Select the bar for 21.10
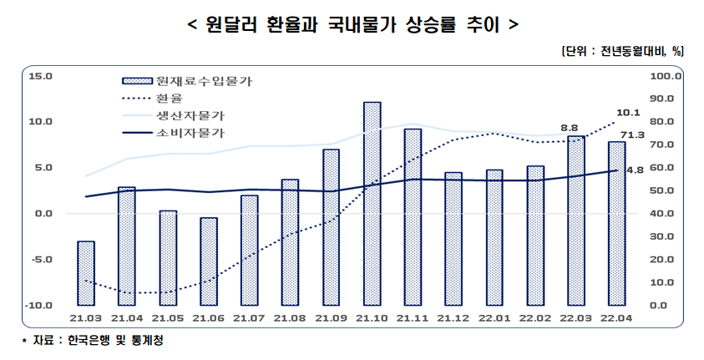(372, 203)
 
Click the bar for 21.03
(86, 272)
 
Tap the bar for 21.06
(209, 261)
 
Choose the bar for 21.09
(332, 226)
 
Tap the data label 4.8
(635, 170)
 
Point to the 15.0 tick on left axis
(40, 76)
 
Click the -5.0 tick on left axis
(40, 259)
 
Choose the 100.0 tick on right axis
(672, 76)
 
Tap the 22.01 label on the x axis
(494, 318)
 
